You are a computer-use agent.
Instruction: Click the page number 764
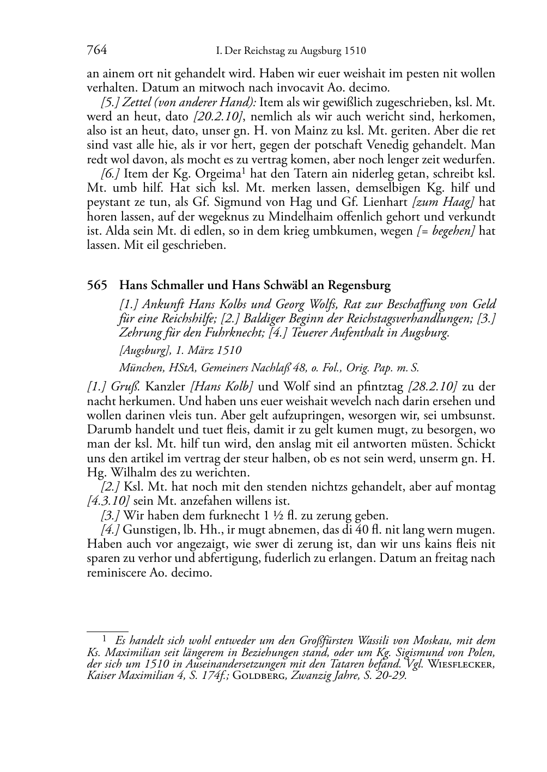[x=96, y=51]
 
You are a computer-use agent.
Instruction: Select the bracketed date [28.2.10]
[x=432, y=387]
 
